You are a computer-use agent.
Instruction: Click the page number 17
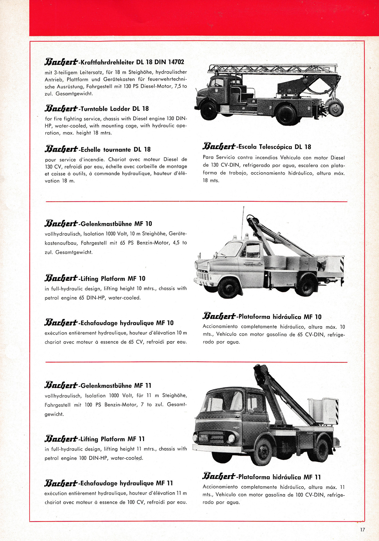coord(362,530)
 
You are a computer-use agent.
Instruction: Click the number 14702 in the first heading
coord(176,62)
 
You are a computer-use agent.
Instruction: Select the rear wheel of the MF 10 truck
coord(306,286)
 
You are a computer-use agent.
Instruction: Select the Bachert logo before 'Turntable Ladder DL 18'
coord(61,109)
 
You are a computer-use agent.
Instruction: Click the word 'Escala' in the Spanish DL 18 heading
coord(248,147)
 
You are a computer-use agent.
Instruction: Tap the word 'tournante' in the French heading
coord(117,150)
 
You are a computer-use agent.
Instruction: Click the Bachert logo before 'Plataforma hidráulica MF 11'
coord(219,477)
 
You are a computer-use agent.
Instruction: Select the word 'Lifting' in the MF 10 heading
coord(90,279)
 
